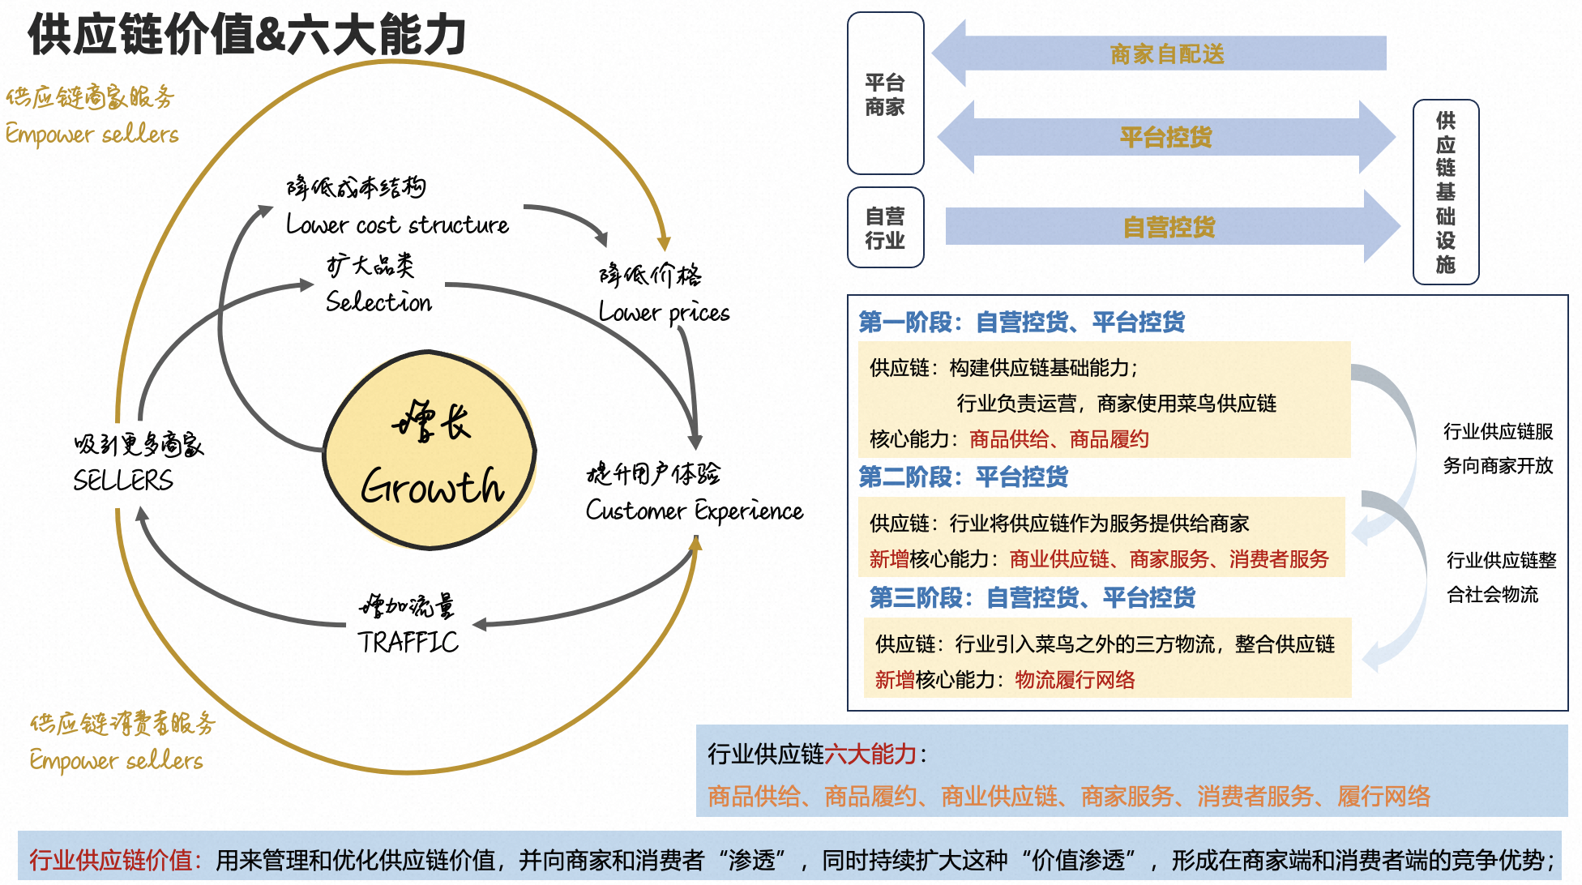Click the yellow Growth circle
click(430, 451)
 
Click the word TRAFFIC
click(408, 642)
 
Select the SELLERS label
click(123, 481)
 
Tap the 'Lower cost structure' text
click(397, 224)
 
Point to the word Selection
click(378, 302)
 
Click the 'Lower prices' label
click(664, 313)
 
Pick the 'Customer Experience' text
click(695, 511)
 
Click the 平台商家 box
click(885, 93)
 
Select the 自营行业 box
click(885, 228)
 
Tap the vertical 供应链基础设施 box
click(1445, 192)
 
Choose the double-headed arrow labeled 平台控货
click(1165, 137)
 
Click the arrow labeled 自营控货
click(1169, 227)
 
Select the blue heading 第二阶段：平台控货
click(963, 477)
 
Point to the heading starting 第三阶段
click(1032, 597)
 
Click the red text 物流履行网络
click(1075, 679)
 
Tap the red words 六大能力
click(870, 754)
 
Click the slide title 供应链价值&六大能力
click(247, 36)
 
